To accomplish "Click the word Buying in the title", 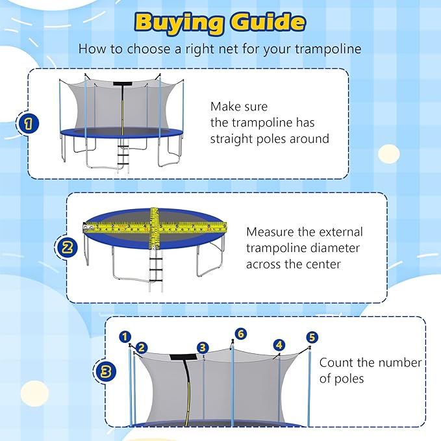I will [x=177, y=22].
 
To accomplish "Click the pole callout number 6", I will [x=241, y=333].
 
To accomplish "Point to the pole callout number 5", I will [x=312, y=337].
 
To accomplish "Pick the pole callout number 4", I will [x=279, y=345].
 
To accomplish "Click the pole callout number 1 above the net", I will [x=125, y=336].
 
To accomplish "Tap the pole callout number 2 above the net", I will [x=142, y=348].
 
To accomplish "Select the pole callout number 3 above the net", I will [x=203, y=347].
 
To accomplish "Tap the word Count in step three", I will [x=335, y=362].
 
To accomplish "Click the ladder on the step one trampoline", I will [x=121, y=157].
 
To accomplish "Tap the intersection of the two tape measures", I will [x=155, y=227].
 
